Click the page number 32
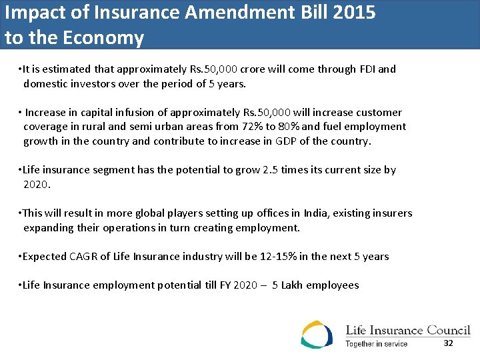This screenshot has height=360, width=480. pos(448,343)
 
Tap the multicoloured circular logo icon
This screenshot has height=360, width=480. pos(317,334)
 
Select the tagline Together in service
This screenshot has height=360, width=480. pos(376,344)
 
